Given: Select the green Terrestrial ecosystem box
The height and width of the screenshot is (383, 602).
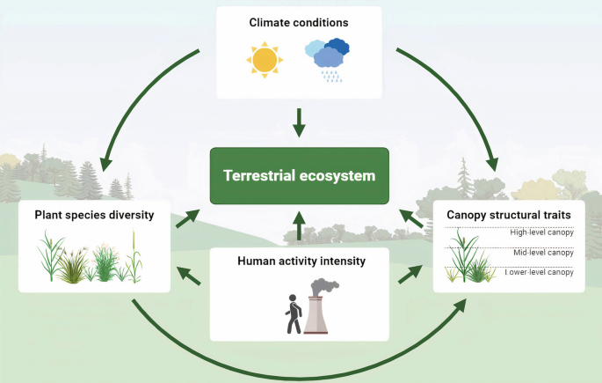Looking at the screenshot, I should [x=299, y=175].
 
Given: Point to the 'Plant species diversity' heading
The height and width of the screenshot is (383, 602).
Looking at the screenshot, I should [x=95, y=214].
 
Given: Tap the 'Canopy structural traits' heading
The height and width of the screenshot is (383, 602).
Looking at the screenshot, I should [x=510, y=214].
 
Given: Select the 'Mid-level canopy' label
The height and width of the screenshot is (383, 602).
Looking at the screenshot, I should [x=543, y=253].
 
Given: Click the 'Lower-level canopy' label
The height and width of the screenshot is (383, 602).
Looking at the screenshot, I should [x=541, y=273].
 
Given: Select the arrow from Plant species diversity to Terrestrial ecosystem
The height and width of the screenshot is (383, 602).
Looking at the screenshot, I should [x=187, y=218].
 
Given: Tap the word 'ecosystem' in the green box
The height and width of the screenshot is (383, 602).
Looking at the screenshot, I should [x=342, y=175].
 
